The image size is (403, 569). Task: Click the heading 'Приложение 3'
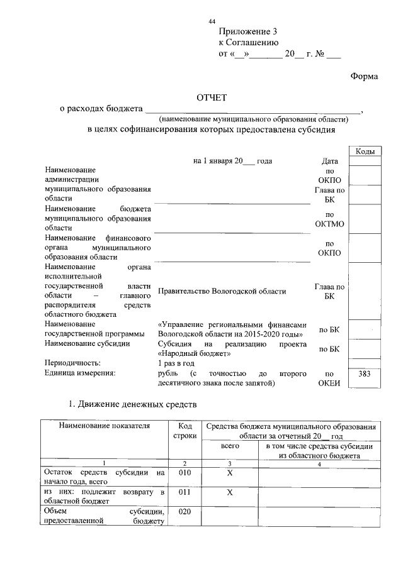[247, 31]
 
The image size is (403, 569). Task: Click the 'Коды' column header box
[366, 152]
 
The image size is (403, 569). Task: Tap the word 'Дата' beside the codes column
[329, 162]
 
